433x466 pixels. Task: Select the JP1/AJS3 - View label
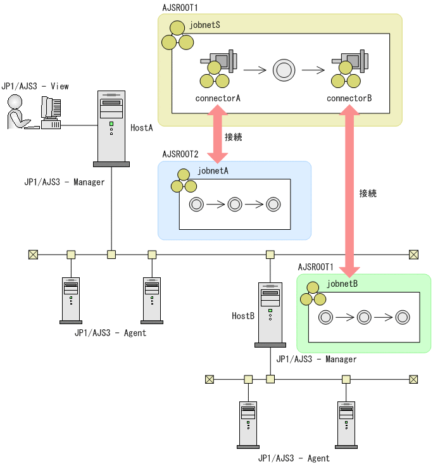(x=35, y=85)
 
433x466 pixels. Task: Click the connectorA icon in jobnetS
(x=217, y=70)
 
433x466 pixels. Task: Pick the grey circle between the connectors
(x=283, y=70)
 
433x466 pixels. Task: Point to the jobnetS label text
(x=204, y=25)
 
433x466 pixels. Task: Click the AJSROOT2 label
(x=180, y=154)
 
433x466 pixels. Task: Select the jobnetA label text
(x=213, y=170)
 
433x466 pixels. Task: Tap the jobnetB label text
(x=342, y=283)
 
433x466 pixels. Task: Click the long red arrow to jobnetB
(x=348, y=190)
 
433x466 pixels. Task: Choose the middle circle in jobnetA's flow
(x=235, y=204)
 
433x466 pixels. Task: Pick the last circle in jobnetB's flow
(x=402, y=317)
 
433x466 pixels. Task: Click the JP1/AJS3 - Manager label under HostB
(x=316, y=359)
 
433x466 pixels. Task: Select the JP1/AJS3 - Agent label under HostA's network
(x=110, y=333)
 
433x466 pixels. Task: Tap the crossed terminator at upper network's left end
(x=33, y=255)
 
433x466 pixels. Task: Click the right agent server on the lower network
(x=346, y=424)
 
